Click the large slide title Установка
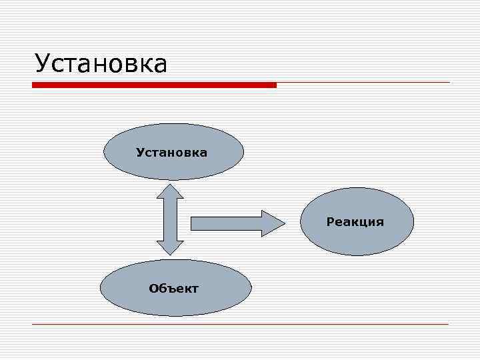(x=101, y=64)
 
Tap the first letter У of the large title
(x=43, y=65)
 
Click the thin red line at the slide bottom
(x=240, y=324)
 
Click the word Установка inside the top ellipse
(x=171, y=153)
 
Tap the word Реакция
(x=355, y=222)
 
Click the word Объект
(x=173, y=289)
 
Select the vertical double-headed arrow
(x=170, y=219)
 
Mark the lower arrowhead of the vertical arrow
(x=170, y=247)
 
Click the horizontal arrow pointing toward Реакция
(x=227, y=223)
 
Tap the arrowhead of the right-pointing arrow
(x=273, y=223)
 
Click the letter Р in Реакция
(x=330, y=222)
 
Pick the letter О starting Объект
(x=153, y=289)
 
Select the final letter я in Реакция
(x=380, y=222)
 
